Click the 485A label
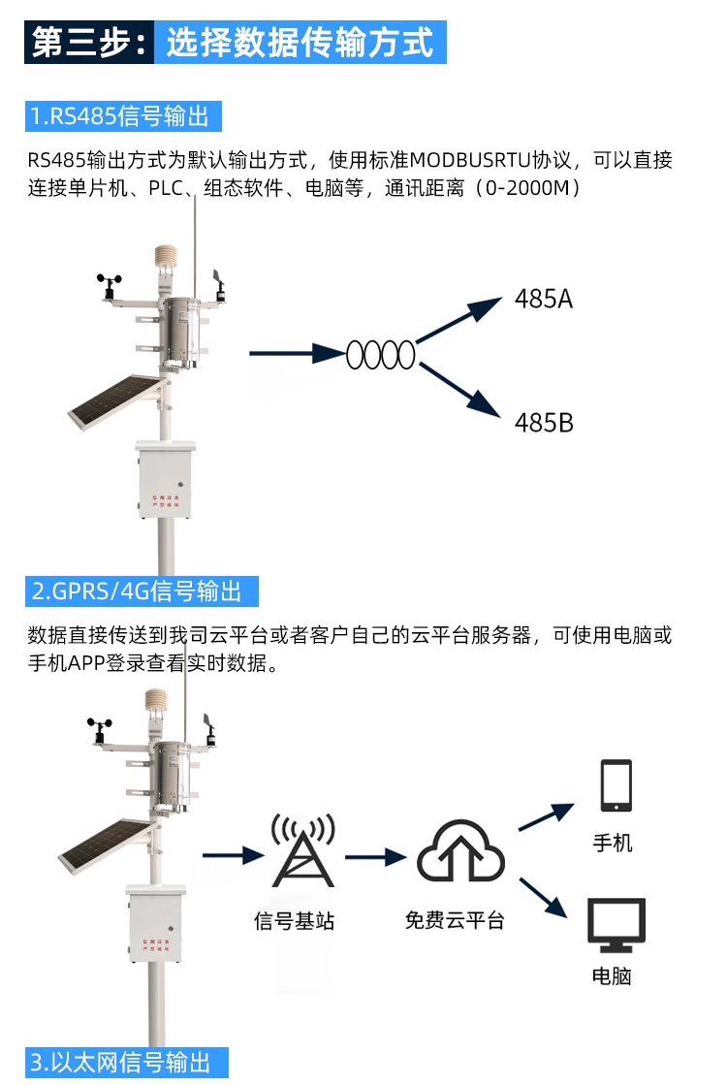(544, 299)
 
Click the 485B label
(544, 423)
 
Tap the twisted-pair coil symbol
(381, 355)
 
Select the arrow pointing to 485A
(460, 321)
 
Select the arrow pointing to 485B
(460, 390)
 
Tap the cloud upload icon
(460, 851)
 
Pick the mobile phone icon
(616, 785)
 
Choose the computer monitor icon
(616, 925)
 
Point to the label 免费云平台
(455, 920)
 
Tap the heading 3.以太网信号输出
(120, 1061)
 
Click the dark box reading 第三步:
(89, 44)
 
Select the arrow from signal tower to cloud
(374, 856)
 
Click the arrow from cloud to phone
(549, 816)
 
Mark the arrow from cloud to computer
(543, 897)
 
